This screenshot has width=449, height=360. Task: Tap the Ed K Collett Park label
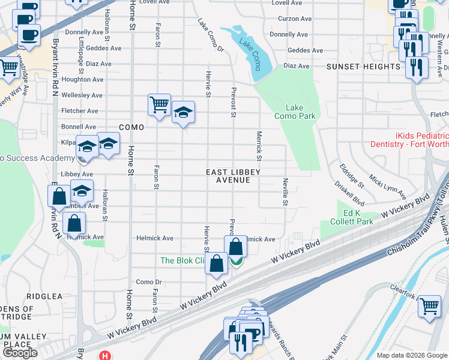pos(349,217)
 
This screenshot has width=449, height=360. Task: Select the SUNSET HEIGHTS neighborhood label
pos(363,67)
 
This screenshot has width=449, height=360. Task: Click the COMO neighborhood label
pos(131,127)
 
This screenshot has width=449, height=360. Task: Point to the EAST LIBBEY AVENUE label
pos(233,176)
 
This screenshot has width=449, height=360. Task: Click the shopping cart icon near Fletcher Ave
pos(159,105)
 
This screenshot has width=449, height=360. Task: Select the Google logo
pos(20,353)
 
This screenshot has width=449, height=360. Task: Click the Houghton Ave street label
pos(84,79)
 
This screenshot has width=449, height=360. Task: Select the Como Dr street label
pos(149,282)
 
